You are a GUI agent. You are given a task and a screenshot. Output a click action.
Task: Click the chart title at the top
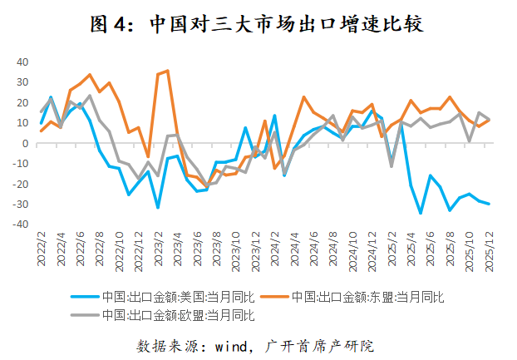tap(258, 25)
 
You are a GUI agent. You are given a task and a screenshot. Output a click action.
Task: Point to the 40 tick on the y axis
tap(23, 62)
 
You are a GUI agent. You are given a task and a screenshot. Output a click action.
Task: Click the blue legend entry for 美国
tap(166, 297)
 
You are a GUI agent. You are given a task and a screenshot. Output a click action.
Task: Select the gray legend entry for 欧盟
tap(166, 315)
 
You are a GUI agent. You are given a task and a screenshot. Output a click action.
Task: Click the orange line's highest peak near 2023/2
tap(167, 71)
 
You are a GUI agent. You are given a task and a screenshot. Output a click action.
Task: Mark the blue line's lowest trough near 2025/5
tap(421, 214)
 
